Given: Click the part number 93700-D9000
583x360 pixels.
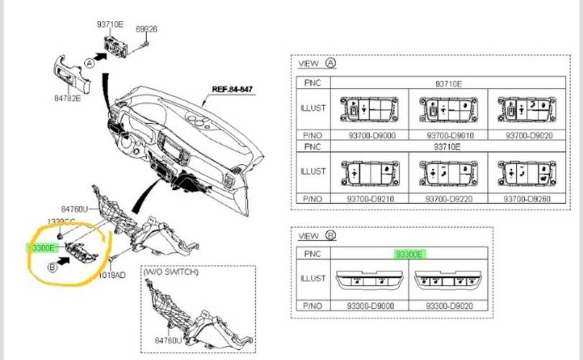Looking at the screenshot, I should pos(369,135).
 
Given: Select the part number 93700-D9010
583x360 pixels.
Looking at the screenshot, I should pos(448,135).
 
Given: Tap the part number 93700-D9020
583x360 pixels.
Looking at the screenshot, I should pos(527,135).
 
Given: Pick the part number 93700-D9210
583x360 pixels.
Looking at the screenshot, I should pos(369,198).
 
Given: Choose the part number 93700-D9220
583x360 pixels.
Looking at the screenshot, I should pos(448,198).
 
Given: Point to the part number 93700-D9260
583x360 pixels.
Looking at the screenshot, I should pos(527,198).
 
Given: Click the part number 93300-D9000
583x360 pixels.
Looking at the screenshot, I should pos(370,305).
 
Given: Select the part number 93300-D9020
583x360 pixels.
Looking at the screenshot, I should pos(448,305).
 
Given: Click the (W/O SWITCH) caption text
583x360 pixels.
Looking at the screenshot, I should pos(171,273).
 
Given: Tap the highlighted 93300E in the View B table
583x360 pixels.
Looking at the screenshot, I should pos(410,254).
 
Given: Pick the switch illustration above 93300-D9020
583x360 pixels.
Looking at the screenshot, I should pos(448,280).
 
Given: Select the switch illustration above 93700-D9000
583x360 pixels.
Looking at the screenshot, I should pos(369,110).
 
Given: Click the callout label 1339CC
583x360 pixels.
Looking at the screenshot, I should pos(63,221).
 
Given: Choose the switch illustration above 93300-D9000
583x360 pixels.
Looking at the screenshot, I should pos(370,280).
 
